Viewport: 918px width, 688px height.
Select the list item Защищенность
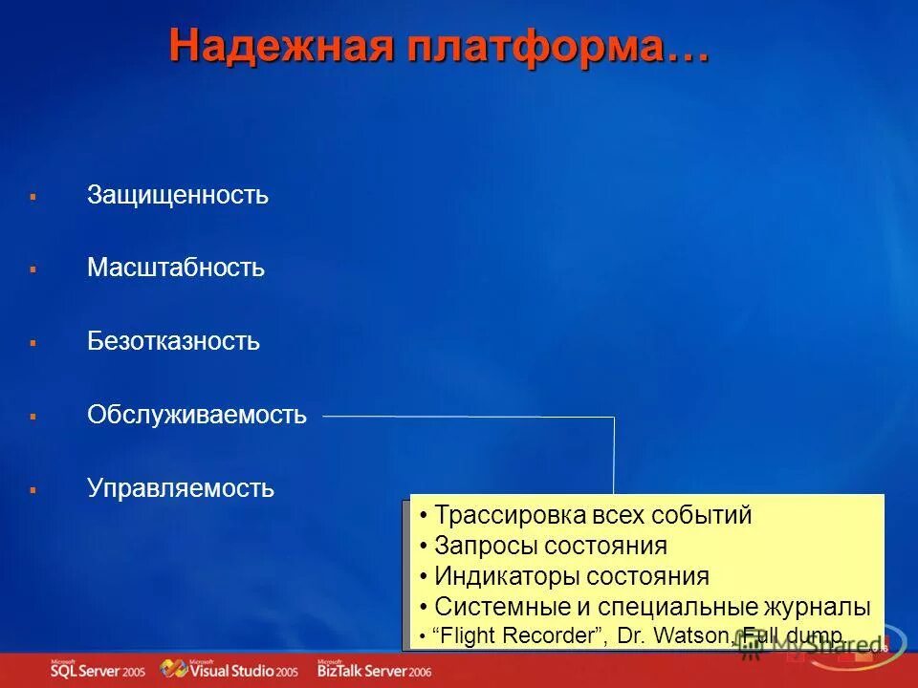[178, 196]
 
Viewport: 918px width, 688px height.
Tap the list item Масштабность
[176, 269]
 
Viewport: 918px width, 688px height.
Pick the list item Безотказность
[173, 341]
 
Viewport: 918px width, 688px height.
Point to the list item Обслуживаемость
[197, 415]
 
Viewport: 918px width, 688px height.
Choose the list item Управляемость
[181, 489]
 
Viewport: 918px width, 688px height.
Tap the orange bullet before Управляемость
[33, 489]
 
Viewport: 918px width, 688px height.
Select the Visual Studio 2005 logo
[229, 670]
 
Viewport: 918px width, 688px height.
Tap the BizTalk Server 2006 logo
[374, 670]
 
